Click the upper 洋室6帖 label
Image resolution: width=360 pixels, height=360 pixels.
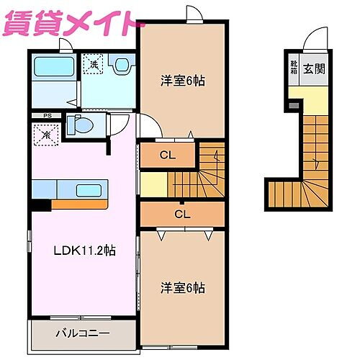182,81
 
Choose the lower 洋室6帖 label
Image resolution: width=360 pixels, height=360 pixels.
182,288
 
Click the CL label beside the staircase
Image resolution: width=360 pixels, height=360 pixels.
167,154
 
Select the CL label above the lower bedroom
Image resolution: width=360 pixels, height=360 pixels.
182,214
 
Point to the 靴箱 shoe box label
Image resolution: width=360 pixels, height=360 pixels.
294,68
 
